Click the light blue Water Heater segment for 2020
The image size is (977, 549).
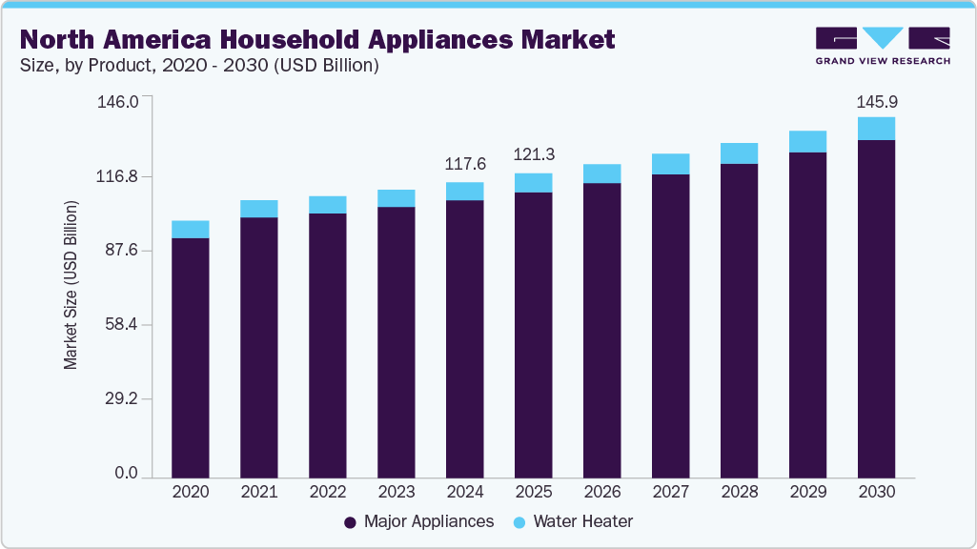click(191, 229)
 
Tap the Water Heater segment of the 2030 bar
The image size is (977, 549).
click(876, 129)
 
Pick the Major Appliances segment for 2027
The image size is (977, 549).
click(670, 325)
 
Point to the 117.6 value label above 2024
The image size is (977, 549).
click(465, 164)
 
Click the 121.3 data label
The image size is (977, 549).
click(534, 154)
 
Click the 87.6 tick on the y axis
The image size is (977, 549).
click(121, 251)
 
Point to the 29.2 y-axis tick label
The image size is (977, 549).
click(121, 399)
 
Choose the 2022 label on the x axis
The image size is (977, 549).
click(328, 493)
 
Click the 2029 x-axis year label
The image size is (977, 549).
click(807, 493)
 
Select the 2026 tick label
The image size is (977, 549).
click(602, 493)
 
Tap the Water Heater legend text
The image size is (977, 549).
click(583, 521)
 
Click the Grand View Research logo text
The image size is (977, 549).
click(883, 60)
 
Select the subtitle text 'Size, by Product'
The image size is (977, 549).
click(82, 66)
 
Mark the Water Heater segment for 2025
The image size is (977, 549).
click(534, 183)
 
